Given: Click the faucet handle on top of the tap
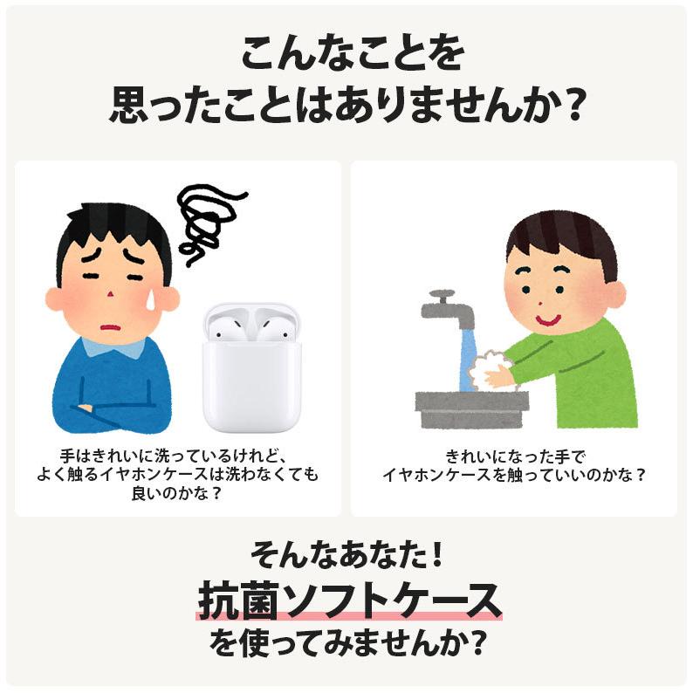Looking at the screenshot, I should tap(442, 294).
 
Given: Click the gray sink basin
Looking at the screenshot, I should tap(471, 408).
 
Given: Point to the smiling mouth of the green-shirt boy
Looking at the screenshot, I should tap(547, 319).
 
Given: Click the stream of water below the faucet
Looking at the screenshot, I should tap(466, 358).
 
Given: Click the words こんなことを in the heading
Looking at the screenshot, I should tap(346, 55).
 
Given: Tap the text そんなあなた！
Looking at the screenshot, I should tap(346, 553).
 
